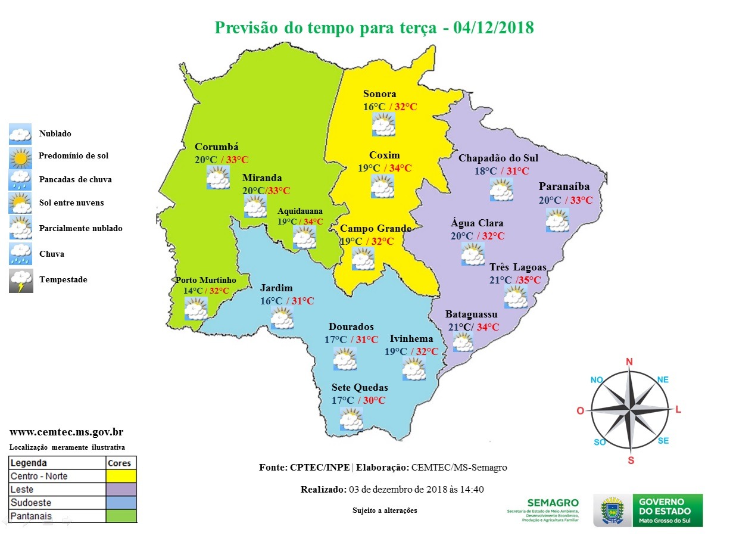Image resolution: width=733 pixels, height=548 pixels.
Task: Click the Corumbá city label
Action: coord(216,147)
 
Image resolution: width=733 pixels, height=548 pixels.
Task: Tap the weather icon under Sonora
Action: coord(383,124)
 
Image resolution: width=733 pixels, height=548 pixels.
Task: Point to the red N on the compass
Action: coord(629,362)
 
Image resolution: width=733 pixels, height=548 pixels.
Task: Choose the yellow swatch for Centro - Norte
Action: coord(121,476)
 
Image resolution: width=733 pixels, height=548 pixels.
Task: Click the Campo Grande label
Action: coord(375,229)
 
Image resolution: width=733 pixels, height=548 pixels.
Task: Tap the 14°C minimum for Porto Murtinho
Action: coord(194,291)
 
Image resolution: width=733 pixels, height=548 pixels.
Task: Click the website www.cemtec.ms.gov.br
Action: coord(67,432)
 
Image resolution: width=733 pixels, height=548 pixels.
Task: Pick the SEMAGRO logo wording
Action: coord(553,503)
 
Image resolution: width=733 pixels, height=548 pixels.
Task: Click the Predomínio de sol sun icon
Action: coord(21,157)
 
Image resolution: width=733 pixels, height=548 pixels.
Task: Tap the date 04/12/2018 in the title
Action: coord(493,28)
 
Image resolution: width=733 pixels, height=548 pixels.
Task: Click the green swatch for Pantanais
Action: coord(121,516)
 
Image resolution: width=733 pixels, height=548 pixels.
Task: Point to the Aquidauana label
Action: coord(300,211)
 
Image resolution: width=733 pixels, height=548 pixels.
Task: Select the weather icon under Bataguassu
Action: coord(463,342)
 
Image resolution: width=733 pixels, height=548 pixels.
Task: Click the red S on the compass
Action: coord(631,460)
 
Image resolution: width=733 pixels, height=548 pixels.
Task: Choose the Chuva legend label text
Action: coord(51,254)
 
